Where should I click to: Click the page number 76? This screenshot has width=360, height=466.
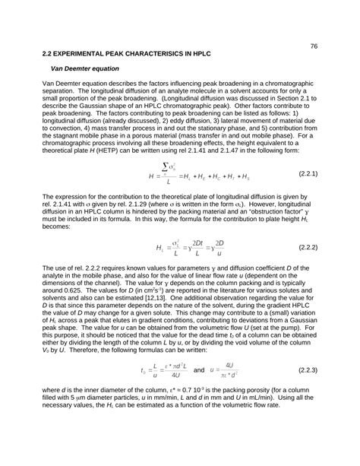point(313,45)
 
